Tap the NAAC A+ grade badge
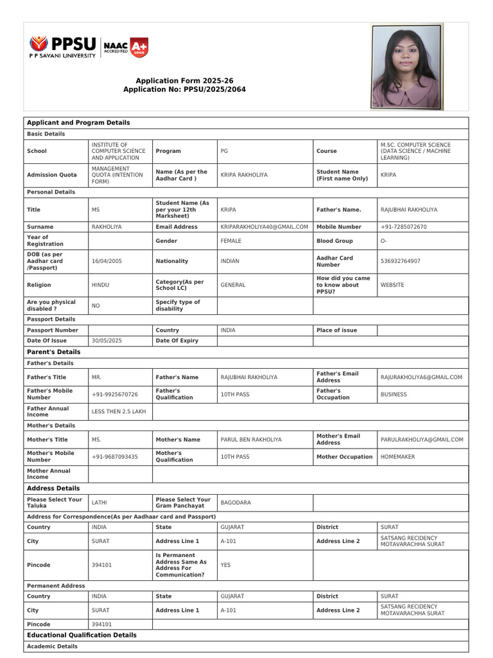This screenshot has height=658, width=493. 139,46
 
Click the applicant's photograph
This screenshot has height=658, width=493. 406,66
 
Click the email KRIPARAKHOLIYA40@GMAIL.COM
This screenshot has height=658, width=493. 264,227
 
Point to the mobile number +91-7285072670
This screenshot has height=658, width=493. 403,227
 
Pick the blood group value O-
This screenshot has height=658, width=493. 384,241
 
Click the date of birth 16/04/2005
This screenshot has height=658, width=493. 107,262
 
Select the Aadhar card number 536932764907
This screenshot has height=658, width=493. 401,262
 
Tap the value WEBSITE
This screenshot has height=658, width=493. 392,285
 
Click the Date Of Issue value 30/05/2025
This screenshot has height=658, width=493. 107,341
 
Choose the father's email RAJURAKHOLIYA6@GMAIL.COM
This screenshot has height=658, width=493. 421,377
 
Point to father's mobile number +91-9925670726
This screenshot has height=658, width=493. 115,394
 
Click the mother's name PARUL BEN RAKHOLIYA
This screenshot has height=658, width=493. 251,440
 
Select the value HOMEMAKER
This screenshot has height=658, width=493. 397,457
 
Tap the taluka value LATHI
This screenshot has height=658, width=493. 99,502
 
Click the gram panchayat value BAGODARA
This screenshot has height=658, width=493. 236,502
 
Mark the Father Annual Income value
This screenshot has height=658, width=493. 119,411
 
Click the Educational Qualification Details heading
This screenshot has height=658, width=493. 82,635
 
